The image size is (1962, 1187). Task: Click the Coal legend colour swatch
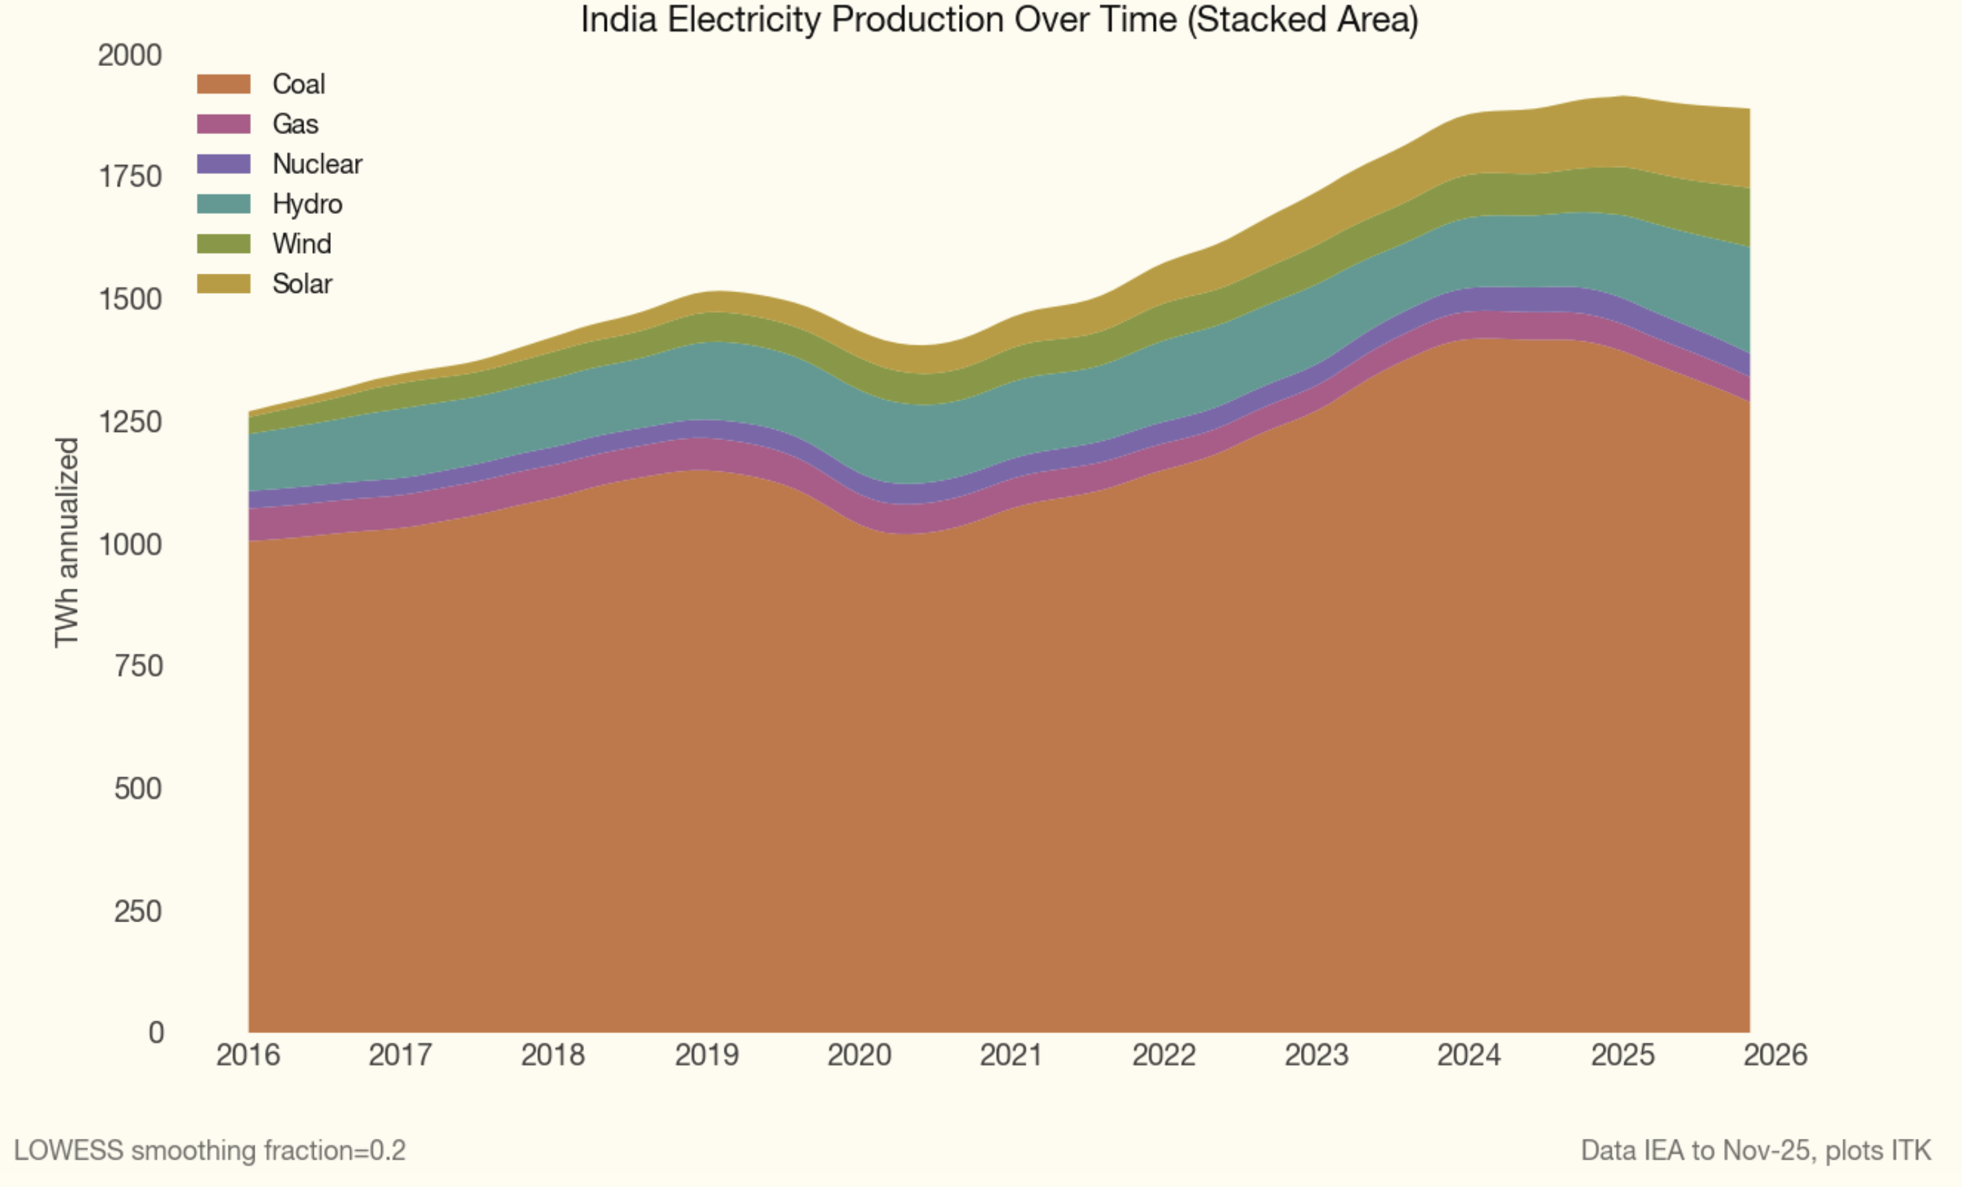(224, 84)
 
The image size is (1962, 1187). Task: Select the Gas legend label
(295, 124)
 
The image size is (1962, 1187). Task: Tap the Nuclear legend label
(317, 164)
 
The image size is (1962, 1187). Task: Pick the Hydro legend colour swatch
(224, 204)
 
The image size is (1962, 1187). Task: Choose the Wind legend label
(302, 243)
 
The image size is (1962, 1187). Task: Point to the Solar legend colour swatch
(224, 283)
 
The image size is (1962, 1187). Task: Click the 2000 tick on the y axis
(130, 56)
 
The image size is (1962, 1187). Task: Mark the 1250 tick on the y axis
(130, 422)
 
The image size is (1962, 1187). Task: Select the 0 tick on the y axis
(156, 1032)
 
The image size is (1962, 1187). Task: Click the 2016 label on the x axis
(248, 1056)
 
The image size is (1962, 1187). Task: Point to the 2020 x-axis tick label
(859, 1056)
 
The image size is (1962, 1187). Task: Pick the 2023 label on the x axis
(1316, 1056)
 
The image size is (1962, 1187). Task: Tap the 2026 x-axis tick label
(1775, 1056)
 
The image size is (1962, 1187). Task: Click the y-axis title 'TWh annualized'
(67, 542)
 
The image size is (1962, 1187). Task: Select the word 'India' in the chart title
(618, 20)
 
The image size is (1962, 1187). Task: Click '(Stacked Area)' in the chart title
(1303, 20)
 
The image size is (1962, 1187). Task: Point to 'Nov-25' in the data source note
(1765, 1151)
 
